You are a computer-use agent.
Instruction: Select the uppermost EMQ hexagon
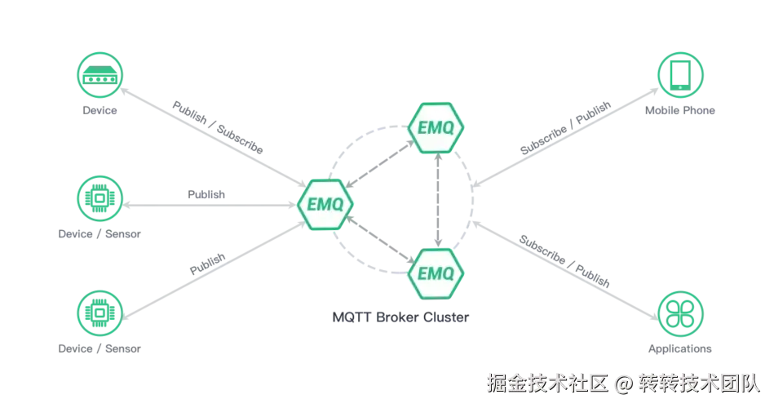click(436, 128)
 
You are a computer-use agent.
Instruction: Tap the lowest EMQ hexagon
click(436, 271)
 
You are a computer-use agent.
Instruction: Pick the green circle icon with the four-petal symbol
click(679, 312)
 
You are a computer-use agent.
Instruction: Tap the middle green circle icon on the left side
click(98, 197)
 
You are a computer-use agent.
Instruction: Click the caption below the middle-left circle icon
click(101, 235)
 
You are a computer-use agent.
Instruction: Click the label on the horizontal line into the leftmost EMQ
click(205, 196)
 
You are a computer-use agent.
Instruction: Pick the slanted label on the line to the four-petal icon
click(564, 259)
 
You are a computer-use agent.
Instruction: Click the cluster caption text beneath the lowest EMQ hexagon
click(400, 317)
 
